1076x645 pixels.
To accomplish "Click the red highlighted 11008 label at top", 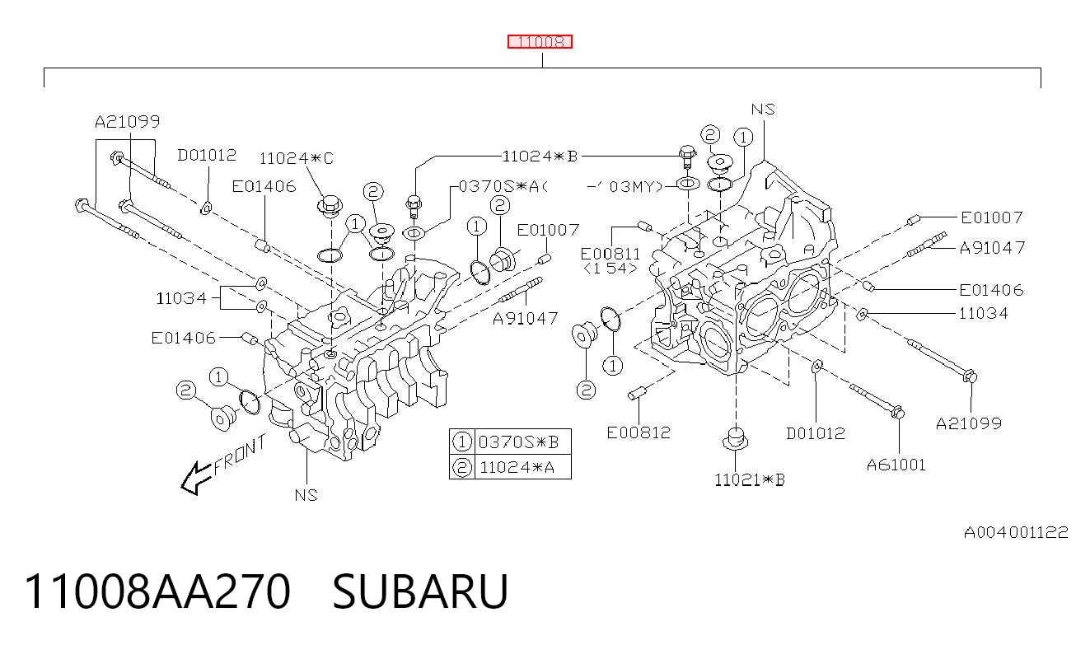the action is pyautogui.click(x=540, y=42).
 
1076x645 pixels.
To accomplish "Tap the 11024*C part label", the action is pyautogui.click(x=297, y=158).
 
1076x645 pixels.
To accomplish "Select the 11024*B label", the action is pyautogui.click(x=540, y=156).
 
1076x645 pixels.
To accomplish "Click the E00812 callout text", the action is pyautogui.click(x=639, y=432).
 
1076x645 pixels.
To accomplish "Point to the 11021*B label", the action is pyautogui.click(x=750, y=479).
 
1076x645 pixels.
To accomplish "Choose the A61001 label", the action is pyautogui.click(x=896, y=465).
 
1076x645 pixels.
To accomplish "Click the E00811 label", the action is pyautogui.click(x=611, y=254).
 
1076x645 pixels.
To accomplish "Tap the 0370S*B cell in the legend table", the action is pyautogui.click(x=519, y=442).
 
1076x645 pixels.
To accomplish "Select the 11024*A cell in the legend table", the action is pyautogui.click(x=517, y=467).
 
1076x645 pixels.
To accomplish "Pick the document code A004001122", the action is pyautogui.click(x=1016, y=532).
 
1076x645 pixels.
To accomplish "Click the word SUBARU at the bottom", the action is pyautogui.click(x=420, y=591).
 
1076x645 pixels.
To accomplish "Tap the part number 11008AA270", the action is pyautogui.click(x=157, y=591).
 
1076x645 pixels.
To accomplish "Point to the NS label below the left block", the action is pyautogui.click(x=306, y=495).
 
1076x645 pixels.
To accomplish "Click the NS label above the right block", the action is pyautogui.click(x=763, y=110).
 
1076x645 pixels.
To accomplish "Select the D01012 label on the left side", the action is pyautogui.click(x=207, y=155).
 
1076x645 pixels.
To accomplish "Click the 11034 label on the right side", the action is pyautogui.click(x=983, y=314).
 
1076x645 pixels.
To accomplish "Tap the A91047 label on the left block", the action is pyautogui.click(x=526, y=319).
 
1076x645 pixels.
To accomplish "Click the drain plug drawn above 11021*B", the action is pyautogui.click(x=735, y=438).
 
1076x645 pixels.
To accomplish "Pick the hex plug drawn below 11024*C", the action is pyautogui.click(x=330, y=207).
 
